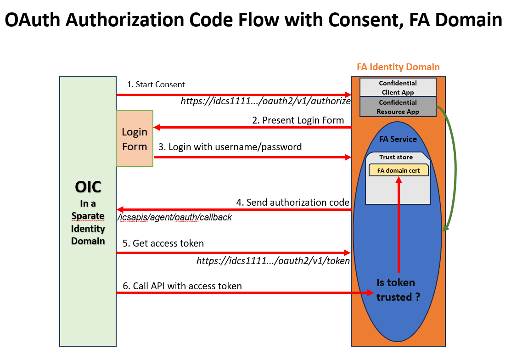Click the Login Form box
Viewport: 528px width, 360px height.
[x=135, y=139]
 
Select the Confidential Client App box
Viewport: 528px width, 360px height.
[x=398, y=87]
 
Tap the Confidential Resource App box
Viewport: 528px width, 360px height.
[x=398, y=107]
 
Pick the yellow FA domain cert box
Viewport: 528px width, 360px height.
[x=398, y=170]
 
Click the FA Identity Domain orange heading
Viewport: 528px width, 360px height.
[x=398, y=67]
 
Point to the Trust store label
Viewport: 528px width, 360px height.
[x=396, y=157]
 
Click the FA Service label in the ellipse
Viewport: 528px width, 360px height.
[x=398, y=139]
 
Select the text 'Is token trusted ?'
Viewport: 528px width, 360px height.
[x=398, y=290]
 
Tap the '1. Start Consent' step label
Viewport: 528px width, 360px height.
[x=156, y=84]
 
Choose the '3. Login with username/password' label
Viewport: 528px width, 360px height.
[x=230, y=147]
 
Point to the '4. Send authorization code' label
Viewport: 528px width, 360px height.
[x=293, y=202]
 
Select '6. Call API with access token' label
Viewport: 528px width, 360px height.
[x=182, y=286]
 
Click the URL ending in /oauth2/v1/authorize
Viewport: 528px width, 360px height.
[x=266, y=101]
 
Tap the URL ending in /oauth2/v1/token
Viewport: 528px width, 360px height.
[x=273, y=261]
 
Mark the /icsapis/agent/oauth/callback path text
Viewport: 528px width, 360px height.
[x=174, y=217]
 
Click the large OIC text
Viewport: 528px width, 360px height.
[x=88, y=187]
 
